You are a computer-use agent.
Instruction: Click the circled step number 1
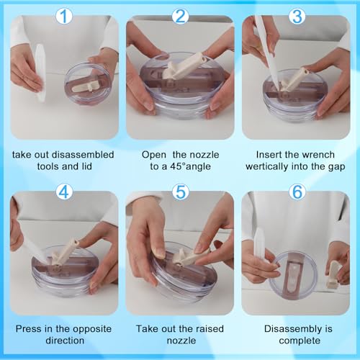[x=64, y=16]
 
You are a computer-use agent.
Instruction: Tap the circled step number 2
[x=181, y=16]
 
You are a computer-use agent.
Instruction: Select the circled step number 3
[x=297, y=16]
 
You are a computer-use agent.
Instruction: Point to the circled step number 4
[x=64, y=192]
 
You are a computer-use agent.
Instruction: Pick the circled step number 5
[x=181, y=192]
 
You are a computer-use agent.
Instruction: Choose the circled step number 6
[x=297, y=192]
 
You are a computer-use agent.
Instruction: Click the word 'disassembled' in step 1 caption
[x=83, y=155]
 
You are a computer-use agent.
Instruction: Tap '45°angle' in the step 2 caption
[x=190, y=166]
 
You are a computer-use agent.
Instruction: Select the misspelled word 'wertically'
[x=269, y=166]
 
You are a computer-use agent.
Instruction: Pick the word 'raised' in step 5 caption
[x=210, y=329]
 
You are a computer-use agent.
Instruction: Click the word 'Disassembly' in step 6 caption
[x=292, y=329]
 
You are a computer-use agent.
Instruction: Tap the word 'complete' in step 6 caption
[x=300, y=341]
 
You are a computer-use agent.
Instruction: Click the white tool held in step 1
[x=40, y=72]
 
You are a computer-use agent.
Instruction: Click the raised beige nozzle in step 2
[x=185, y=66]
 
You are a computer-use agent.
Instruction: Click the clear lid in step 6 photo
[x=293, y=276]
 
